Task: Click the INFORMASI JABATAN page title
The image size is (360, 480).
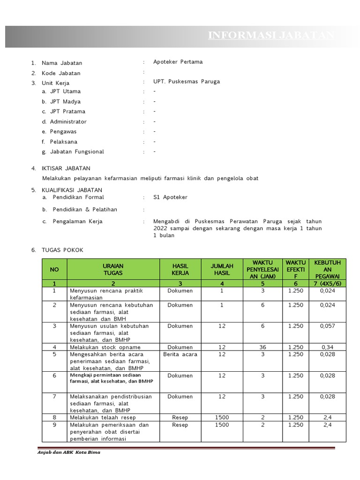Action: coord(271,36)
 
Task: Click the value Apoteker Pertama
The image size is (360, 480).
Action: coord(178,62)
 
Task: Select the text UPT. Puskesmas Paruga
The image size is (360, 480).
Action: coord(186,82)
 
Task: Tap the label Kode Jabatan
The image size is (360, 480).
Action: coord(61,73)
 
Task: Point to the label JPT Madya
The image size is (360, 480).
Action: coord(65,102)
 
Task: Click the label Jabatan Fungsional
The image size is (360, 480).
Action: coord(77,152)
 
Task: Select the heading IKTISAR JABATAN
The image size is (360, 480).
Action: coord(66,168)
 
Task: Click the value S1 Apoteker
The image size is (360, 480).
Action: coord(170,197)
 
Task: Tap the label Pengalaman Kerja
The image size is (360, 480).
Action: coord(77,221)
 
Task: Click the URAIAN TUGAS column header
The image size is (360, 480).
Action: coord(113,270)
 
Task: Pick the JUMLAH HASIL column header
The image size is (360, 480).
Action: coord(222,270)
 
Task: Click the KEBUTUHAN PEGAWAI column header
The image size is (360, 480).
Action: coord(327,270)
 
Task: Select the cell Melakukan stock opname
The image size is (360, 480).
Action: coord(105,347)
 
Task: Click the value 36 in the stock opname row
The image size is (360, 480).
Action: coord(262,347)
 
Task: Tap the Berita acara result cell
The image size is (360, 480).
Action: coord(180,354)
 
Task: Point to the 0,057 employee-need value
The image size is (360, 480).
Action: coord(327,326)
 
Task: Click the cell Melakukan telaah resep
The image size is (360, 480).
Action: coord(103,418)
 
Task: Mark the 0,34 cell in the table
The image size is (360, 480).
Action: coord(327,347)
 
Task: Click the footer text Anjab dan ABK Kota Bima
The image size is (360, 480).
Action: coord(69,453)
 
